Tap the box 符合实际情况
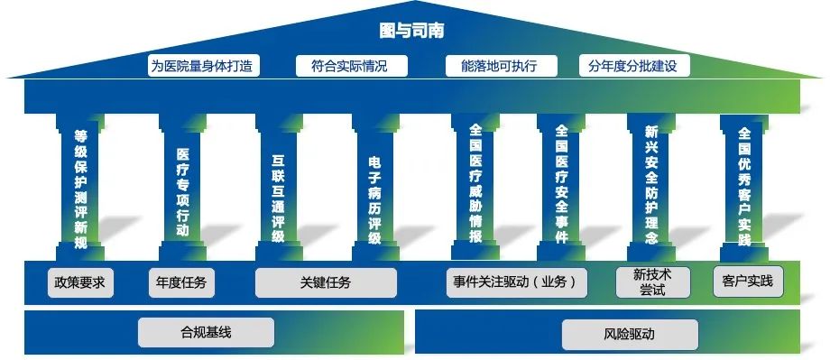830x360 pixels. (x=352, y=66)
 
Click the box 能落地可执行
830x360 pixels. (x=499, y=66)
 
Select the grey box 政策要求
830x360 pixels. (x=80, y=282)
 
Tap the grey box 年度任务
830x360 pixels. (x=181, y=282)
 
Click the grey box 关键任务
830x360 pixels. (x=326, y=282)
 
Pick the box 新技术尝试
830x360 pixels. (x=652, y=282)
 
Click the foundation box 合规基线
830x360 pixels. (x=206, y=332)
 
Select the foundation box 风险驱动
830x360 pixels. (x=630, y=334)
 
